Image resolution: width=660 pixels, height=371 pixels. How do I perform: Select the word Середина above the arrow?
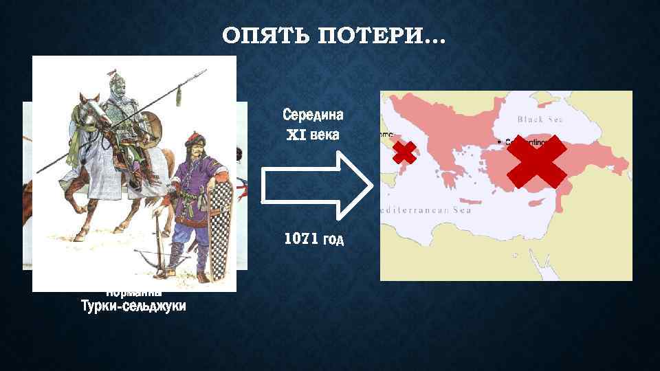point(313,113)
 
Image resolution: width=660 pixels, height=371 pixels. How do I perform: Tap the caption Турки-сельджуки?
point(133,306)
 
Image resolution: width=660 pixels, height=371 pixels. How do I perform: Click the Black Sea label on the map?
point(540,119)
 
